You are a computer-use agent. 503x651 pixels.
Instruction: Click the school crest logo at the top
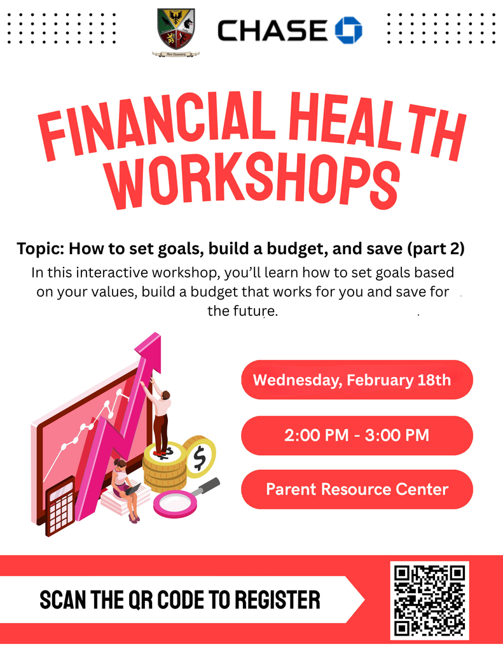pyautogui.click(x=176, y=31)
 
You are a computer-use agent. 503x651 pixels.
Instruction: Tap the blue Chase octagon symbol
pyautogui.click(x=348, y=30)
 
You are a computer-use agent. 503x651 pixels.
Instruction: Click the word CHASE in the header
pyautogui.click(x=272, y=31)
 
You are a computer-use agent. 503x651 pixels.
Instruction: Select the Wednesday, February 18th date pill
pyautogui.click(x=357, y=380)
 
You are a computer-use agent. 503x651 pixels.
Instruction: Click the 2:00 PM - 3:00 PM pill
pyautogui.click(x=357, y=435)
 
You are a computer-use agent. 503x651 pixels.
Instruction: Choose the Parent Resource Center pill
pyautogui.click(x=357, y=490)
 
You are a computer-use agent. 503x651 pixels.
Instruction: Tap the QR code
pyautogui.click(x=430, y=600)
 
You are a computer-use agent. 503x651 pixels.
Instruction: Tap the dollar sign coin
pyautogui.click(x=200, y=456)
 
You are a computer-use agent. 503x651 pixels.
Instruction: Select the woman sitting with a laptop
pyautogui.click(x=123, y=486)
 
